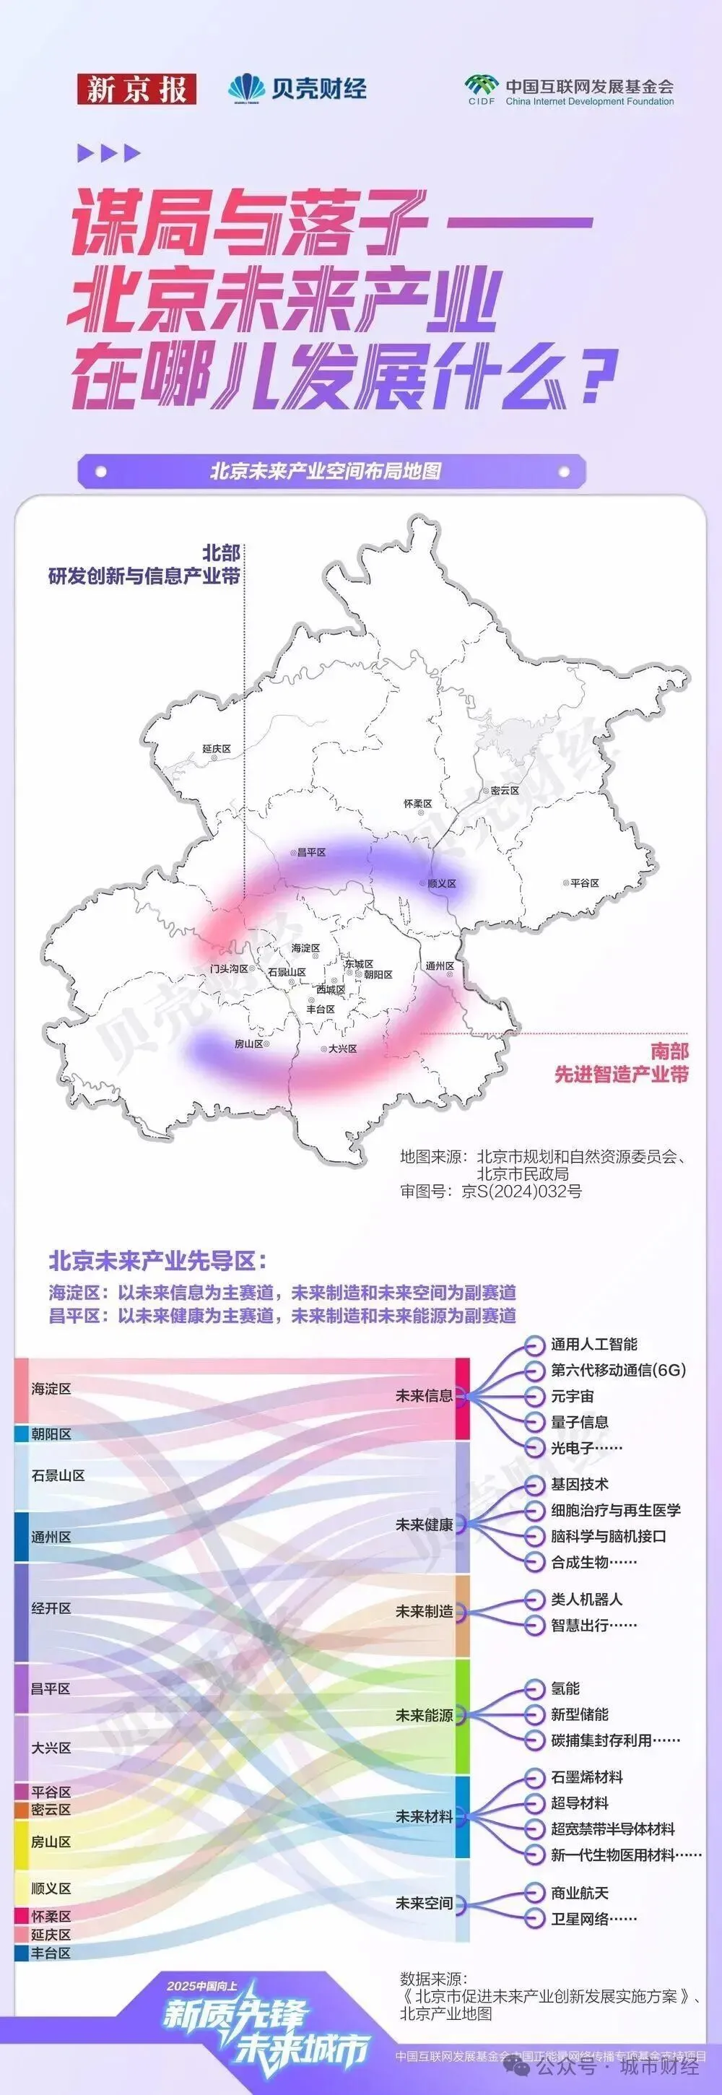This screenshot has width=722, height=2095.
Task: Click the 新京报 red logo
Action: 136,89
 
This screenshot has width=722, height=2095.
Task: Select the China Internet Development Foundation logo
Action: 568,90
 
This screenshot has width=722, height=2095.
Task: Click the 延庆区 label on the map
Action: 217,749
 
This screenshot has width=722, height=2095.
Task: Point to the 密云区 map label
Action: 504,790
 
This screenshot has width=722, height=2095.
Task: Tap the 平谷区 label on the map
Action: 585,882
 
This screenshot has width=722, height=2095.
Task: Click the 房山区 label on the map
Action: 249,1044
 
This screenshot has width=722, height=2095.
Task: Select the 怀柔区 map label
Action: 418,804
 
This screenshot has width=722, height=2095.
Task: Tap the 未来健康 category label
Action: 424,1524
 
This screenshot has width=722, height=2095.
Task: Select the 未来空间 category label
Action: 424,1903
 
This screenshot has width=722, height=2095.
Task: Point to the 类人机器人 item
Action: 586,1598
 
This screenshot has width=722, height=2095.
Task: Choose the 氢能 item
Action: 565,1688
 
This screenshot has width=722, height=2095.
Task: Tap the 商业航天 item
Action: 580,1893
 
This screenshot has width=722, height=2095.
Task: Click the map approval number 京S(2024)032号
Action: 521,1192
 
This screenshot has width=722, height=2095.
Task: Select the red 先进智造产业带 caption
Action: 621,1075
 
